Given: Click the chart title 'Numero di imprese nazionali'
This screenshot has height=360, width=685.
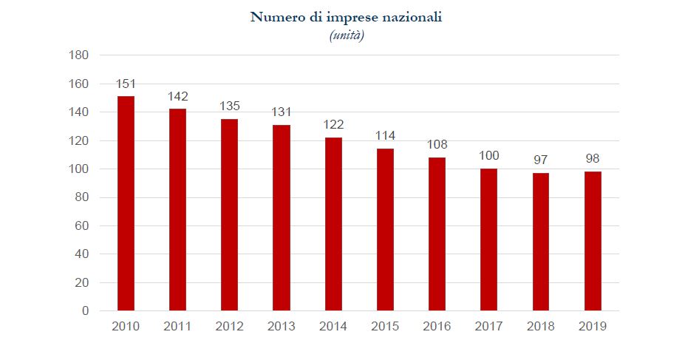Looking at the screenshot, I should pos(346,17).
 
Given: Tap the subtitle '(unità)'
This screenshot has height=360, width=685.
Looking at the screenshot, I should pos(346,35).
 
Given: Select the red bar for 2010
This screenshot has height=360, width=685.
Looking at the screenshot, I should pos(126,203).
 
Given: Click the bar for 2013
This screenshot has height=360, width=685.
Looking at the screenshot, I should pos(282,217).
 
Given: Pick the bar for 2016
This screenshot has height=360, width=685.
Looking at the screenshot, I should pos(437,234).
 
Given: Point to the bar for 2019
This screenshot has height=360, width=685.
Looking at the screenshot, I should pos(593,241).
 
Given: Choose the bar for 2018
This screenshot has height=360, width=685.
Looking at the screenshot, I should pos(541,242).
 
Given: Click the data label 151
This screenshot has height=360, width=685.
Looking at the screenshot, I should pos(126,84).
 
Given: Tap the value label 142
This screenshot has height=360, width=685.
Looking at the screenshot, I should pos(177,96).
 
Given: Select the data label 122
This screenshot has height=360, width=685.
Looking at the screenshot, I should pos(333,124).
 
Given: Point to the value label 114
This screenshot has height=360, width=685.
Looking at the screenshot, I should pos(385,136).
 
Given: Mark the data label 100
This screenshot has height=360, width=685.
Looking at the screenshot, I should pos(489,155).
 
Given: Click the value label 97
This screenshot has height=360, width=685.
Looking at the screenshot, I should pos(541,160).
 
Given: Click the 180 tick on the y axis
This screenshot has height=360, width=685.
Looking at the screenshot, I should pos(78,55).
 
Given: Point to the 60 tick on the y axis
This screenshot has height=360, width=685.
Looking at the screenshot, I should pos(81,225).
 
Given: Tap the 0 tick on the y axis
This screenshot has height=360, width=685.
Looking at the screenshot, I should pos(85,311).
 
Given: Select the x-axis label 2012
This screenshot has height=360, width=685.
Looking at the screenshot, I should pos(229,326).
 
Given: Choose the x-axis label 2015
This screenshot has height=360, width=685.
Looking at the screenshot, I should pos(385,326).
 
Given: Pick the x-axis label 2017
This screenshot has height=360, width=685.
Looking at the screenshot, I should pos(489,326).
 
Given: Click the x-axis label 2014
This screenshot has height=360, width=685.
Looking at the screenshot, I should pos(333,326).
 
